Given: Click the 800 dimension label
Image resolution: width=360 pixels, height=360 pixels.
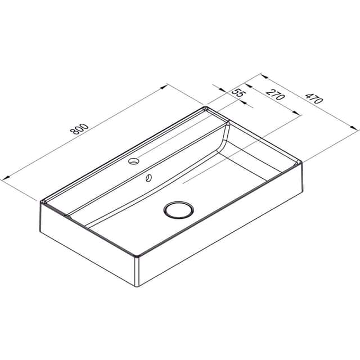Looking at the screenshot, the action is coord(79,129).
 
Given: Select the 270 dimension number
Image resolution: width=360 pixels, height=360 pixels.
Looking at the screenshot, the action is coord(276,94).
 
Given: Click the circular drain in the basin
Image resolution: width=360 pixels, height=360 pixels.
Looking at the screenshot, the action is coord(179,210).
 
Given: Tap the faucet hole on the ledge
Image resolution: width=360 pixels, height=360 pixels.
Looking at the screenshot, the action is coord(134,161).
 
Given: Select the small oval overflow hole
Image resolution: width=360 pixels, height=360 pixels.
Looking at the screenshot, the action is coord(148,178).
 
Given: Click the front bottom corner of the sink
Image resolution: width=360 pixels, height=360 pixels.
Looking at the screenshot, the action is coord(137,286).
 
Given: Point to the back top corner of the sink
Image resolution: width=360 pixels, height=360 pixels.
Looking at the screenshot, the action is coord(205,107).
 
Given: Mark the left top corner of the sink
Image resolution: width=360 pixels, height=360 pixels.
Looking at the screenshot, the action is coord(41,202).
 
